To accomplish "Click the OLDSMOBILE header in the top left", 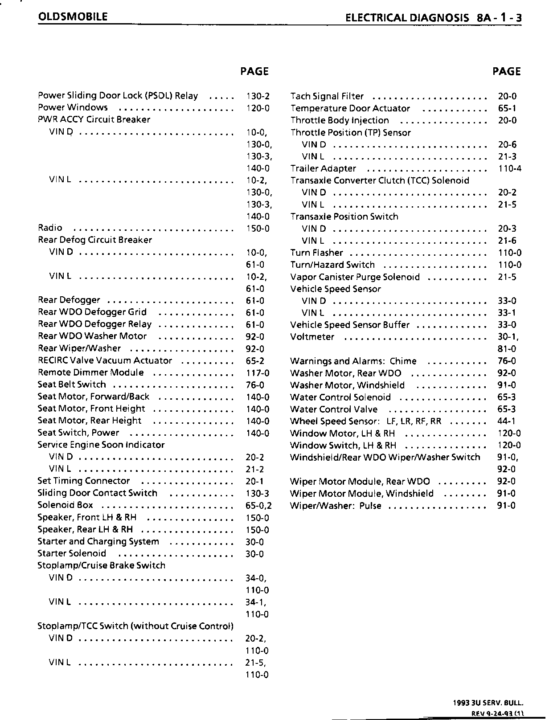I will [x=73, y=17].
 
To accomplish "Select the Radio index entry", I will [x=50, y=228].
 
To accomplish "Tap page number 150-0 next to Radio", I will [x=258, y=229].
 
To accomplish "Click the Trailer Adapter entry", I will [x=323, y=168].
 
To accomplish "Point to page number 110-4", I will [x=509, y=168].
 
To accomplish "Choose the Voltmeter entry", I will [x=312, y=337].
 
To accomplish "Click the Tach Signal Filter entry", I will [x=327, y=96].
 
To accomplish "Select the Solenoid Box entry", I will [x=65, y=505].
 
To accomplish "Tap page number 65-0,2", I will [x=258, y=506].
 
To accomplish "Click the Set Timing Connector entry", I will [x=83, y=481].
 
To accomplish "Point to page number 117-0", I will [x=258, y=373].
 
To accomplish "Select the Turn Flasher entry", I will [x=316, y=253].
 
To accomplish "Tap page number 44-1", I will [x=507, y=421].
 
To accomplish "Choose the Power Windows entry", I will [x=73, y=107].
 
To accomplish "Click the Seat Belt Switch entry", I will [x=72, y=385].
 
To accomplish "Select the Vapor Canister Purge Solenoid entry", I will [x=355, y=277].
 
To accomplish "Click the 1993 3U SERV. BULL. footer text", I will [x=488, y=703].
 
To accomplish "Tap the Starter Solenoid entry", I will [x=72, y=553].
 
